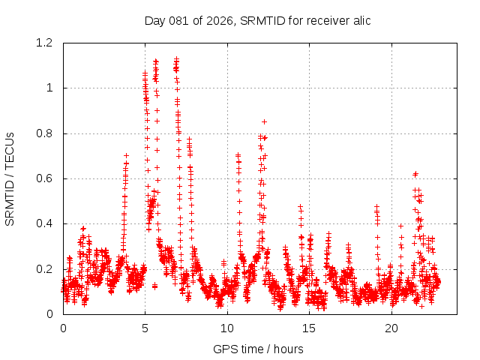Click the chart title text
point(257,20)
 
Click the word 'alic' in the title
point(360,20)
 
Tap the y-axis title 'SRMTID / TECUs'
point(10,178)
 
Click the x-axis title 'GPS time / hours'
point(258,349)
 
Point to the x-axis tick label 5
point(145,328)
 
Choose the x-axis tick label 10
point(227,328)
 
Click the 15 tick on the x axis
point(310,328)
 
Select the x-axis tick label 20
point(391,328)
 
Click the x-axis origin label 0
point(63,328)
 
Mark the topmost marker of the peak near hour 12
point(264,121)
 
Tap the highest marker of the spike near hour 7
point(177,58)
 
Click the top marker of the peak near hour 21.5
point(415,173)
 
